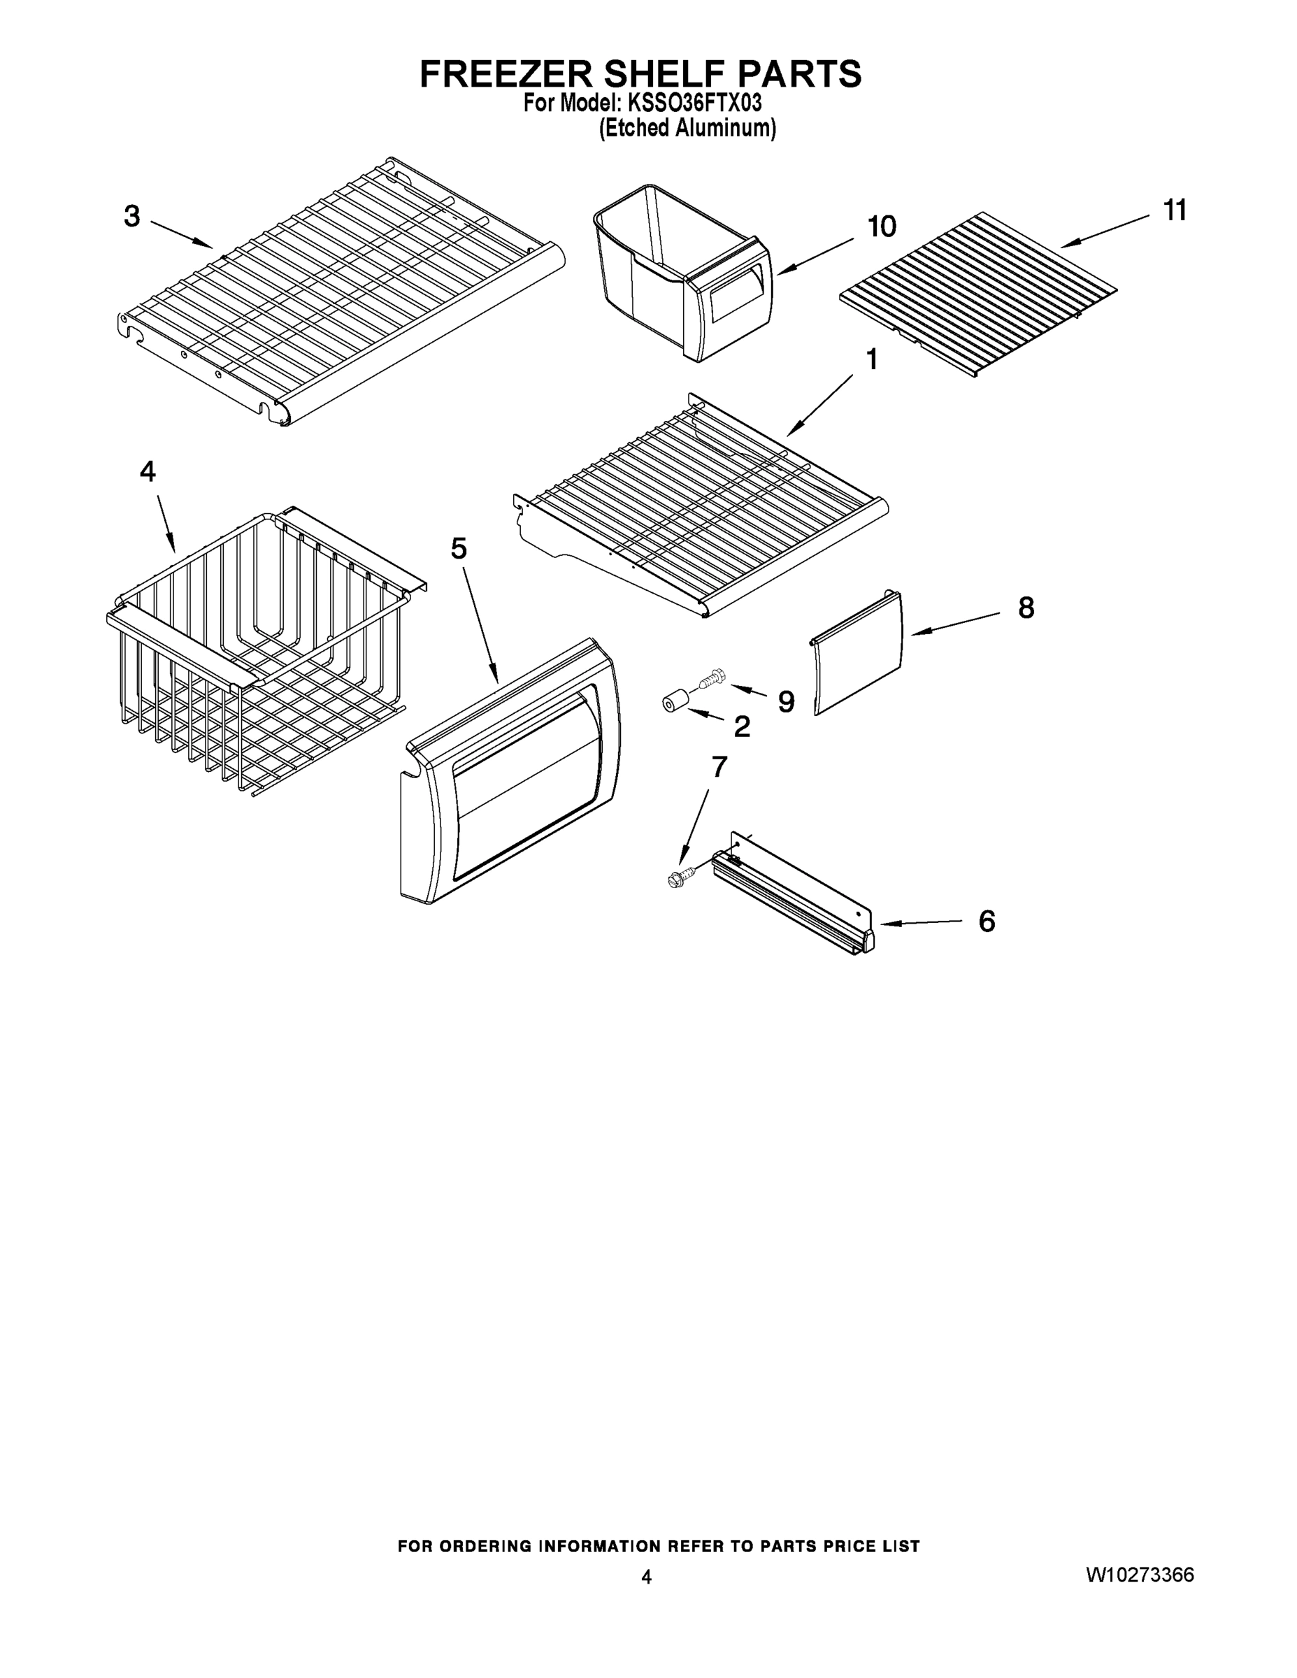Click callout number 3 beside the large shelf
pos(132,217)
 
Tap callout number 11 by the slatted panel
pos(1175,210)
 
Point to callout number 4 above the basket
pos(148,471)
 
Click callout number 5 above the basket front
pos(459,549)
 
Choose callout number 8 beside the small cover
pos(1026,608)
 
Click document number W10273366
pos(1140,1575)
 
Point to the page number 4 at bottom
pos(646,1577)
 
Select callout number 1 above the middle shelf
pos(871,359)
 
